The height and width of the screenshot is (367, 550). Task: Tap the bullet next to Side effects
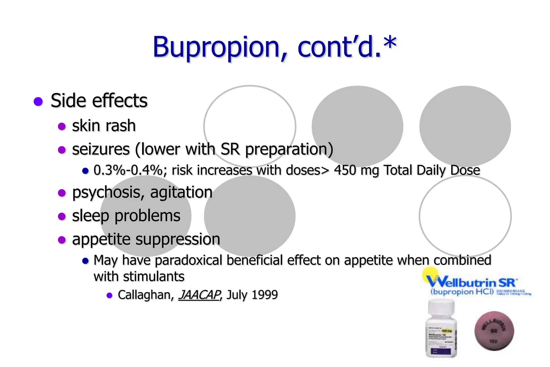pyautogui.click(x=38, y=102)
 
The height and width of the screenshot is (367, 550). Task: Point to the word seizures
pyautogui.click(x=101, y=149)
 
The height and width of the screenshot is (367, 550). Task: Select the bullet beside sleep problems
pyautogui.click(x=62, y=216)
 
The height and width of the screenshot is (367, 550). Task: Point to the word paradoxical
pyautogui.click(x=189, y=260)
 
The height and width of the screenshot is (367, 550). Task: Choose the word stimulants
pyautogui.click(x=154, y=276)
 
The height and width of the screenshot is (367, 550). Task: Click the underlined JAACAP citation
pyautogui.click(x=199, y=295)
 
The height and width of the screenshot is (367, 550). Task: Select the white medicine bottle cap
pyautogui.click(x=441, y=308)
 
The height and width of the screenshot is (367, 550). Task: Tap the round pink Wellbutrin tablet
pyautogui.click(x=494, y=331)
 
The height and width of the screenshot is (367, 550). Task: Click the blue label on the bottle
pyautogui.click(x=438, y=351)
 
